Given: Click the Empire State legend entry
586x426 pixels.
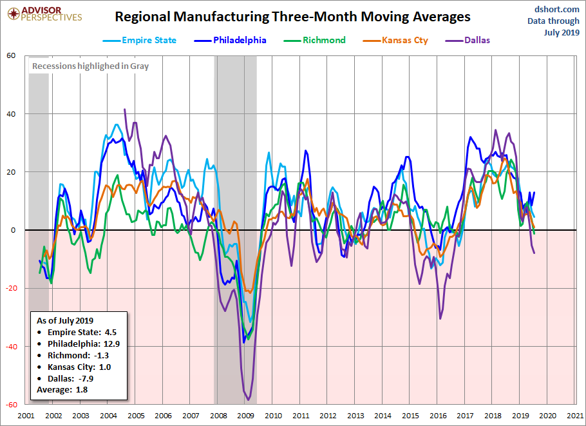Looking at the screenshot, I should (140, 40).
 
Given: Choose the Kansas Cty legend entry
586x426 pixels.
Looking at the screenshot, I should (393, 40).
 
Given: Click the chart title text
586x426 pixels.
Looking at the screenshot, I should (292, 17).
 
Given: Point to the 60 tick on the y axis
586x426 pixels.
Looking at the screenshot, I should (12, 55).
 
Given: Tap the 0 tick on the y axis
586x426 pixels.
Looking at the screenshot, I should (14, 230).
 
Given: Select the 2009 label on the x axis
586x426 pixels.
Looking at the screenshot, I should (246, 416).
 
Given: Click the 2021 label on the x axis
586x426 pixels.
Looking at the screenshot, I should (575, 416).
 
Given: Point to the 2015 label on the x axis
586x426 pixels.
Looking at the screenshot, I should (411, 416).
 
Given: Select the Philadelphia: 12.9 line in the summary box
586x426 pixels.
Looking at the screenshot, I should (83, 344).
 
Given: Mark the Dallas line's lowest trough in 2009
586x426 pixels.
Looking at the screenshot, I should (247, 400).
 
